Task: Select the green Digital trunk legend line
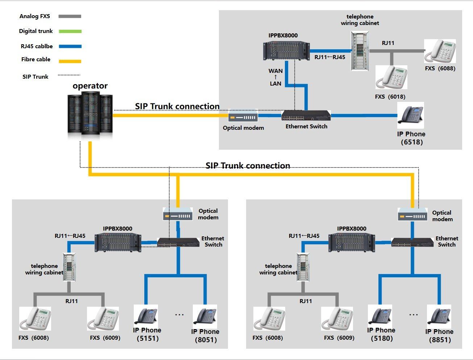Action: (x=70, y=32)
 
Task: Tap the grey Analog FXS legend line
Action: (x=70, y=16)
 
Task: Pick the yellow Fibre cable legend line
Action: (x=70, y=61)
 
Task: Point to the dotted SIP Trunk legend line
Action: (x=69, y=75)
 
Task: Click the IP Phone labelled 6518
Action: (x=411, y=116)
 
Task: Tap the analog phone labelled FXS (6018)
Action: (x=391, y=77)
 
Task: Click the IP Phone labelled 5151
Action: (x=146, y=315)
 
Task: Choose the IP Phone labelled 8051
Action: (x=205, y=316)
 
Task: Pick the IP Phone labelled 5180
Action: (x=380, y=315)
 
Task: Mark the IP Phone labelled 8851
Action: (x=439, y=316)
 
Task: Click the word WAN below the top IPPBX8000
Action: (x=275, y=71)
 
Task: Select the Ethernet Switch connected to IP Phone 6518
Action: (x=306, y=116)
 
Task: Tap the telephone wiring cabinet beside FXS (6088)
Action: (x=360, y=51)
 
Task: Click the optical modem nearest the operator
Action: (x=243, y=117)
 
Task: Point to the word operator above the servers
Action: (x=90, y=86)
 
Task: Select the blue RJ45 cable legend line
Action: (x=70, y=46)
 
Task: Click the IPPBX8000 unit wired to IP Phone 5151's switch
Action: (x=118, y=242)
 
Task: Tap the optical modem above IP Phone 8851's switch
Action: (x=412, y=215)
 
